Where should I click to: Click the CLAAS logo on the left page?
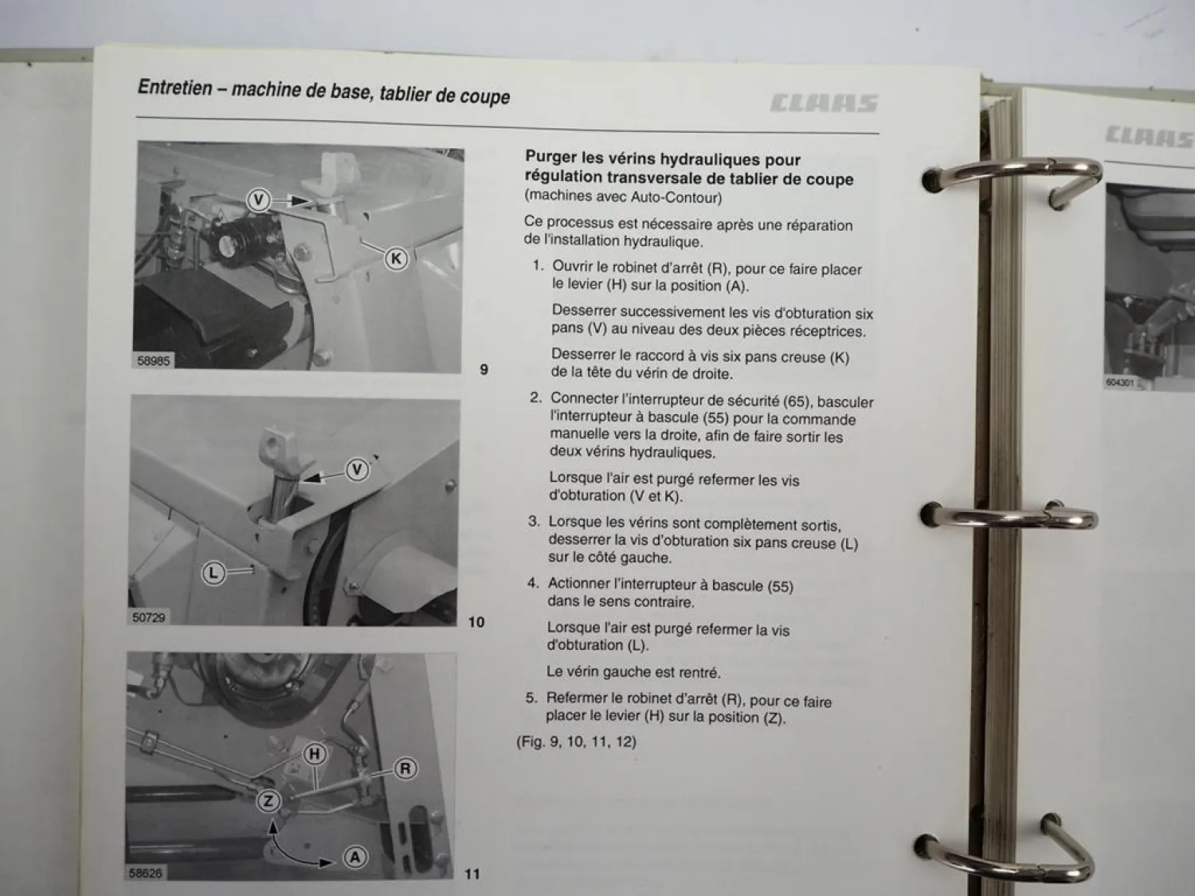[x=824, y=104]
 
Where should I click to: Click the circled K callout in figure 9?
[x=396, y=258]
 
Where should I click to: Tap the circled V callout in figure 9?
[x=258, y=199]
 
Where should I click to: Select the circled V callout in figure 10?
[x=357, y=470]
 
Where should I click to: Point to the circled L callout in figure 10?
[x=213, y=572]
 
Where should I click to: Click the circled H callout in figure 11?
[x=315, y=753]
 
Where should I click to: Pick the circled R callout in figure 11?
[x=406, y=769]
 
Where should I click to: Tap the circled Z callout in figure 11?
[x=268, y=800]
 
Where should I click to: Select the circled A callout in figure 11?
[x=355, y=857]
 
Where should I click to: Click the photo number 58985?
[x=154, y=361]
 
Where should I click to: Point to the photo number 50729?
[x=149, y=617]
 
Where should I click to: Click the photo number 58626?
[x=145, y=873]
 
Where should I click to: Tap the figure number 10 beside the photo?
[x=476, y=622]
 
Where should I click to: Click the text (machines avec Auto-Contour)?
[x=623, y=197]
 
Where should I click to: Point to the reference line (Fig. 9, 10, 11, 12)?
[x=576, y=741]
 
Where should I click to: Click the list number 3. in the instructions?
[x=534, y=522]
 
